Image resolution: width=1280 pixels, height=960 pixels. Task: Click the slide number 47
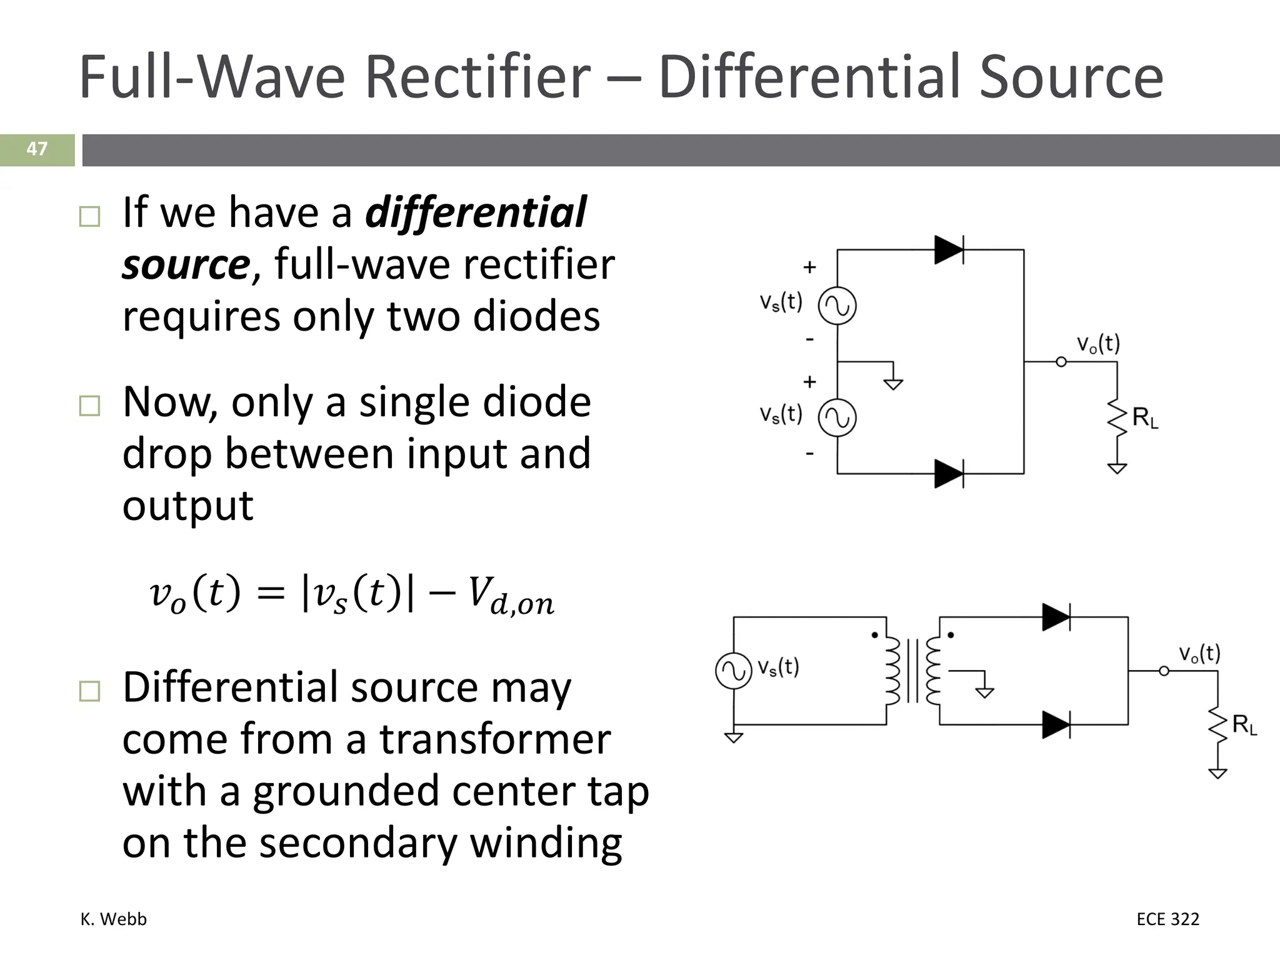point(37,149)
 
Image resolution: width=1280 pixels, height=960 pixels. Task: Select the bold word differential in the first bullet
point(476,212)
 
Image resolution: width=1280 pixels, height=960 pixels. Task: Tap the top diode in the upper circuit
point(948,250)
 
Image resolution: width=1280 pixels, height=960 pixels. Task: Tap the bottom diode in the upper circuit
point(948,474)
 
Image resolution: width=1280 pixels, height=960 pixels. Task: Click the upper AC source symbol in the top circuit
point(837,306)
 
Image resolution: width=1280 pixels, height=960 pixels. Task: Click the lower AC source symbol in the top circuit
point(837,418)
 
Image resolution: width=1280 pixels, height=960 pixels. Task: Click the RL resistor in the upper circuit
point(1117,417)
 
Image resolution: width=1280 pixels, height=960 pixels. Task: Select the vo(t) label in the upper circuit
point(1098,344)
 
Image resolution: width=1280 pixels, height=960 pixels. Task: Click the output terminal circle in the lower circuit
point(1164,671)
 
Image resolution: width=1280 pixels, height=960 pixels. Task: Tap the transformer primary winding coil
point(892,671)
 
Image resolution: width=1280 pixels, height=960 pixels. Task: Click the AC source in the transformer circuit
point(733,671)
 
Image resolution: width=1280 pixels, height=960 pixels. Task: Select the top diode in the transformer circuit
point(1056,617)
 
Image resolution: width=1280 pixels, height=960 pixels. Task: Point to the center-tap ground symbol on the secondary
point(984,691)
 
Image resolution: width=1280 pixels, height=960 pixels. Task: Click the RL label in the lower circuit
point(1244,726)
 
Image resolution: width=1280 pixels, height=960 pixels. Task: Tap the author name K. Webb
point(114,919)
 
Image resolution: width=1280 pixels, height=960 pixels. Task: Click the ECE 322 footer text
point(1167,919)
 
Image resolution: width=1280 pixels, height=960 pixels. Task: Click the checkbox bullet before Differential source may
point(90,691)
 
